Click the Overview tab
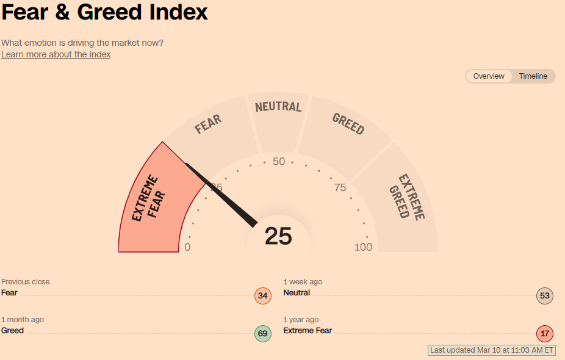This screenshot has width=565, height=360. [x=489, y=76]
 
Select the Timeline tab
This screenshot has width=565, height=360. [x=533, y=76]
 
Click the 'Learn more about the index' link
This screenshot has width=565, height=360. [x=56, y=54]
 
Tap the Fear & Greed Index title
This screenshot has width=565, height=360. [x=105, y=12]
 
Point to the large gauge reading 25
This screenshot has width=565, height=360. [x=278, y=236]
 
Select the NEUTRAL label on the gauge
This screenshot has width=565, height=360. [x=278, y=107]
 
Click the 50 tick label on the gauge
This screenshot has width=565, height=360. [x=279, y=162]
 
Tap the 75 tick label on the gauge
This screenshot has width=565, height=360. [x=340, y=187]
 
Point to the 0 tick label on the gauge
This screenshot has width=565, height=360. [x=187, y=247]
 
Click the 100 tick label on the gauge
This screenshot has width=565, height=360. [x=363, y=247]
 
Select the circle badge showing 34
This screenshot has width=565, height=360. [x=262, y=297]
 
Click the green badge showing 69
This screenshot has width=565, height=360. [x=262, y=334]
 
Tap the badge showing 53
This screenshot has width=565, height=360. [x=545, y=297]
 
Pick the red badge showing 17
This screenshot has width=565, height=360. [x=545, y=334]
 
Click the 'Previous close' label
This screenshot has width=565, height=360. [x=26, y=282]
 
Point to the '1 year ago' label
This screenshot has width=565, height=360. [x=301, y=320]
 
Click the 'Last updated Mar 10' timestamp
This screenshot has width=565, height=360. [x=492, y=350]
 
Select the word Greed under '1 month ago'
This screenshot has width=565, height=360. [x=12, y=331]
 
